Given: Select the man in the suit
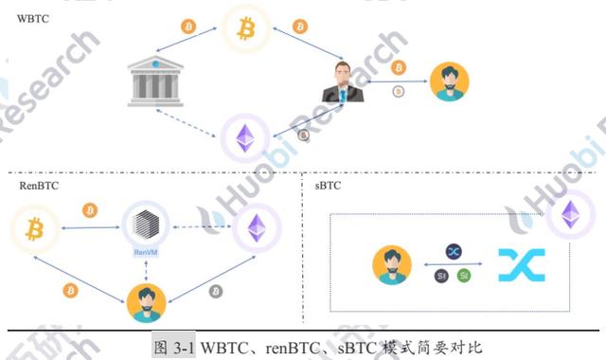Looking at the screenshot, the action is [x=342, y=82].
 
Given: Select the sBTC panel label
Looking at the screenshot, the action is [x=328, y=186].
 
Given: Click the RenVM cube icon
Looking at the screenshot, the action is [x=145, y=227].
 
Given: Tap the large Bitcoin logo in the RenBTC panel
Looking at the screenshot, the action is [x=33, y=228].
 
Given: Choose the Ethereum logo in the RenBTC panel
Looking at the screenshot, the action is [x=256, y=227].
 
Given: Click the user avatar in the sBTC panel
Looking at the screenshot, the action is [x=392, y=264].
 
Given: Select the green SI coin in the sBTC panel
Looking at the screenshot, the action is [x=463, y=275].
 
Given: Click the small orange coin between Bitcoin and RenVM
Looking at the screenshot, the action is [x=90, y=209].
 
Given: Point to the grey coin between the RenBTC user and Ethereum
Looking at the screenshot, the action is [x=216, y=291].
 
